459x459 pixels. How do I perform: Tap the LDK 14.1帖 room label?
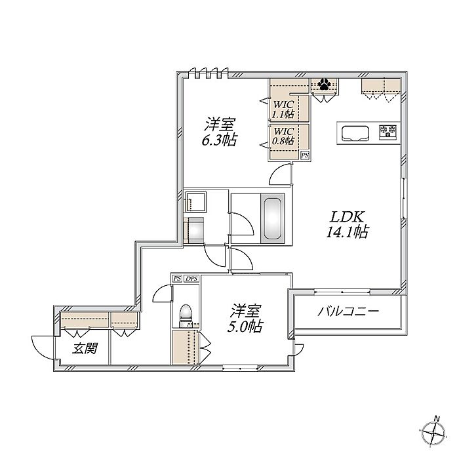pyautogui.click(x=347, y=224)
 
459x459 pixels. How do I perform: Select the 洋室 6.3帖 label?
pyautogui.click(x=219, y=132)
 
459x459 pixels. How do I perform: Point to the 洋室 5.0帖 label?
pyautogui.click(x=245, y=319)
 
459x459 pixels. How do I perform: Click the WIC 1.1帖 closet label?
pyautogui.click(x=283, y=110)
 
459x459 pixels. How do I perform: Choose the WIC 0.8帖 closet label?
pyautogui.click(x=283, y=136)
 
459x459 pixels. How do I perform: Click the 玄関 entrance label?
pyautogui.click(x=85, y=349)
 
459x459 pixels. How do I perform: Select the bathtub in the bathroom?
pyautogui.click(x=272, y=218)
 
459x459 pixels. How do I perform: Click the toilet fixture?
pyautogui.click(x=185, y=314)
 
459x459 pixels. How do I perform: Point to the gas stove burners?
pyautogui.click(x=388, y=132)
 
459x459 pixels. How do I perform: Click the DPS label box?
pyautogui.click(x=191, y=279)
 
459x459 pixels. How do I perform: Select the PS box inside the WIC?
pyautogui.click(x=305, y=155)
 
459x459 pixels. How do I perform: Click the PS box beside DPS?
pyautogui.click(x=177, y=279)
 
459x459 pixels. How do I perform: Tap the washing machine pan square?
pyautogui.click(x=195, y=202)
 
